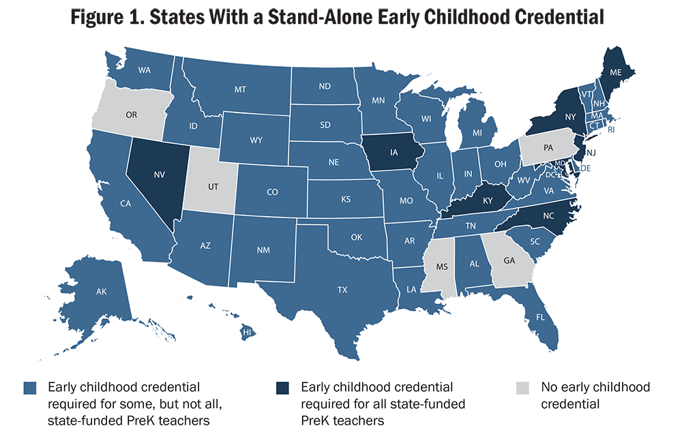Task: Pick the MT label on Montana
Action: click(x=239, y=89)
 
